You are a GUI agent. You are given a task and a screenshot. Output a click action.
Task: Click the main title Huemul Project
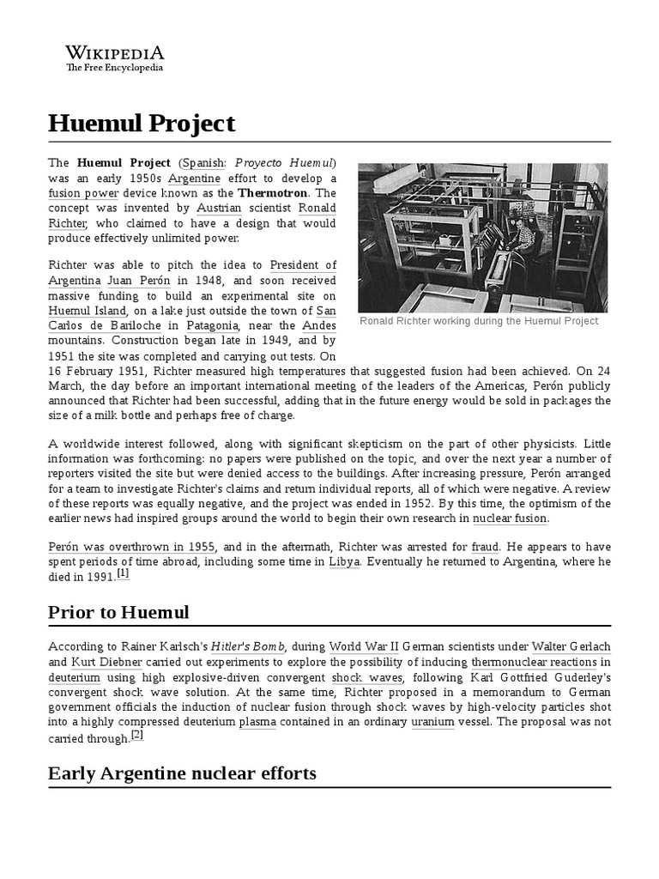[x=142, y=124]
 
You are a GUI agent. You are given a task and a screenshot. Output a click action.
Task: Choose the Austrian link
[x=219, y=209]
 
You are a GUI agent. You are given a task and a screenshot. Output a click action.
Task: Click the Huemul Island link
[x=88, y=311]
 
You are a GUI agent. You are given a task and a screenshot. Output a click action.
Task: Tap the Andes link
[x=319, y=326]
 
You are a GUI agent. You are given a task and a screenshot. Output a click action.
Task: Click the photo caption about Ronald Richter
[x=479, y=321]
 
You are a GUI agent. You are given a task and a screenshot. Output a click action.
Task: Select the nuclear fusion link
[x=510, y=518]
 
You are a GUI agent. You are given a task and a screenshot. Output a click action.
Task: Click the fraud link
[x=481, y=547]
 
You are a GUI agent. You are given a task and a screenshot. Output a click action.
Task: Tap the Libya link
[x=338, y=562]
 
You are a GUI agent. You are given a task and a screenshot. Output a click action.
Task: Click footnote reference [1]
[x=123, y=573]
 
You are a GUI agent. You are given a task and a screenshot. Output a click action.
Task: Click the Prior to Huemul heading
[x=118, y=612]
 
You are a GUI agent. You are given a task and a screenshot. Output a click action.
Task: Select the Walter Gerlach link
[x=571, y=646]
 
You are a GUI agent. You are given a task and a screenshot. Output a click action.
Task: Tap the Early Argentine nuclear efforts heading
[x=182, y=773]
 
